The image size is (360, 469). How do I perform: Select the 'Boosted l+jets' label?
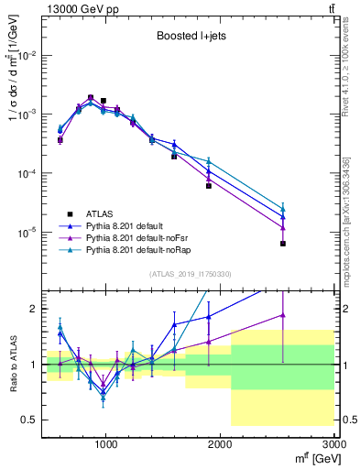tap(191, 38)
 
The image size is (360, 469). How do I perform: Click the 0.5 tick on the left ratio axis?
tap(32, 420)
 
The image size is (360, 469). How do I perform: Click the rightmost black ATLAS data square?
tap(283, 244)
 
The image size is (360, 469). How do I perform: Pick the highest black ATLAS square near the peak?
tap(91, 97)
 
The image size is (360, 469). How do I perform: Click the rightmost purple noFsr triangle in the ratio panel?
tap(283, 315)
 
